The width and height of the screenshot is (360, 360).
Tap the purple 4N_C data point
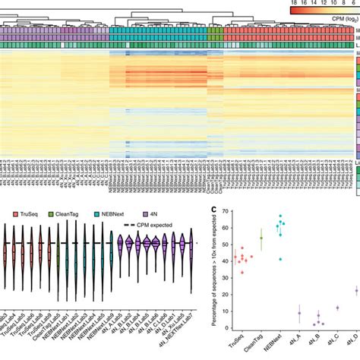coord(337,308)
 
